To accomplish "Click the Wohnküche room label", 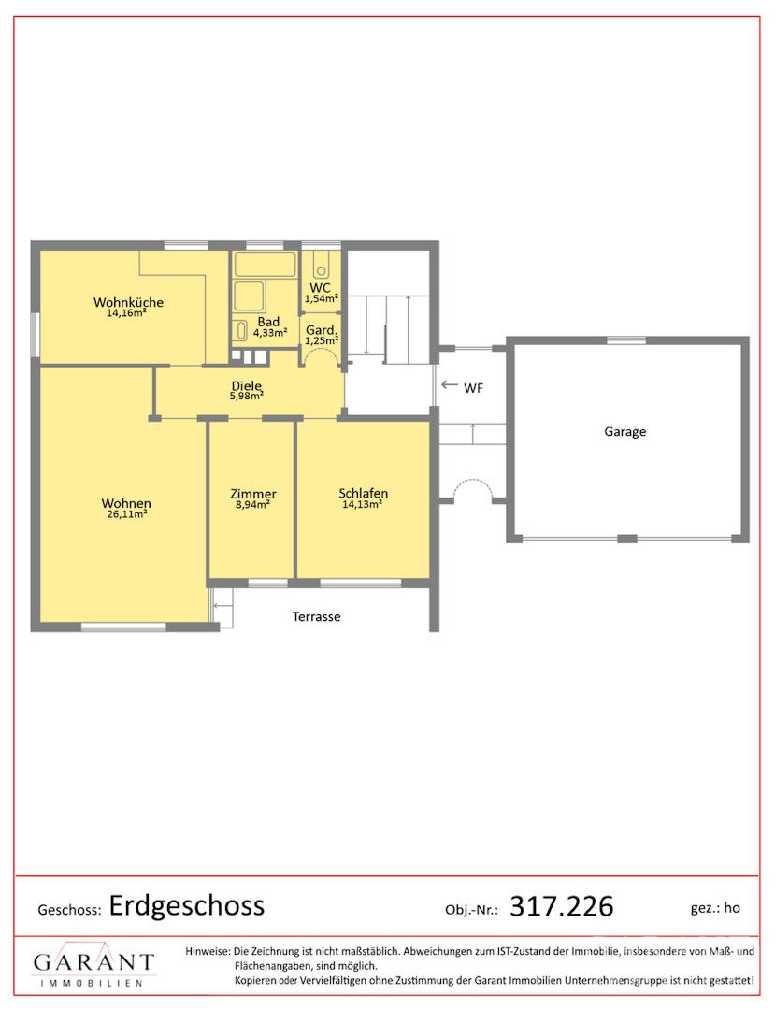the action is [x=128, y=302].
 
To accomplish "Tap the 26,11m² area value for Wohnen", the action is [x=127, y=514].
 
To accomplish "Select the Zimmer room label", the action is [x=253, y=494].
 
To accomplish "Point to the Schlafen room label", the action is [x=363, y=494].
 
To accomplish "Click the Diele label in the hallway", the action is [x=247, y=386].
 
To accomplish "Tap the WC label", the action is [x=320, y=288].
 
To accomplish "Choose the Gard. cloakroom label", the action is [x=322, y=330].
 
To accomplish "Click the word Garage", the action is [x=625, y=431].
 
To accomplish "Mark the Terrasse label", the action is [x=316, y=616].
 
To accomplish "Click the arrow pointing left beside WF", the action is [x=450, y=384].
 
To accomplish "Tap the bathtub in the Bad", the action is [x=265, y=265].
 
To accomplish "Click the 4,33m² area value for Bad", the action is [x=269, y=333].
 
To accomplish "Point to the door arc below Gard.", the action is [x=322, y=349].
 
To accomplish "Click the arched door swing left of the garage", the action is [x=472, y=481].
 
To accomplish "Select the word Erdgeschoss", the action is [x=187, y=905].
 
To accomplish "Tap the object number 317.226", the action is [x=561, y=906].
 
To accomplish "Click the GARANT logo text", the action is [x=93, y=963].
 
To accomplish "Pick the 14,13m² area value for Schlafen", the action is [x=362, y=504].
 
